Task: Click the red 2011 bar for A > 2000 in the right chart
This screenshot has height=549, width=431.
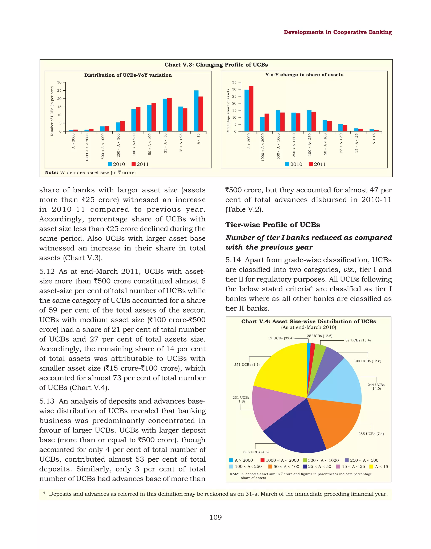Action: click(251, 109)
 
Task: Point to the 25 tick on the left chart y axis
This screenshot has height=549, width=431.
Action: click(59, 90)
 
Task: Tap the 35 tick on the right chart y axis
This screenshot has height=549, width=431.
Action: click(234, 82)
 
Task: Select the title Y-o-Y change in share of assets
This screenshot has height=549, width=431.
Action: click(304, 75)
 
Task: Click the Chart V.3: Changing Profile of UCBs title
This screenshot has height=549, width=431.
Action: click(216, 65)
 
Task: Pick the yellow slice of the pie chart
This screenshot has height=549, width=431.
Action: click(283, 369)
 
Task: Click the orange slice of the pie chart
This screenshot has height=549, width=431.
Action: click(336, 422)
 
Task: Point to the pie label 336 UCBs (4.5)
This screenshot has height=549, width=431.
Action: click(256, 452)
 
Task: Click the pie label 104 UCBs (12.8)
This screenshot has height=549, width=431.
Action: click(367, 361)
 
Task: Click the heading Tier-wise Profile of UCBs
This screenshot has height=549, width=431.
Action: click(273, 225)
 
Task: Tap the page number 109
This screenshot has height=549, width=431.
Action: click(215, 517)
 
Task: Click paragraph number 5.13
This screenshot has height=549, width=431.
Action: click(47, 401)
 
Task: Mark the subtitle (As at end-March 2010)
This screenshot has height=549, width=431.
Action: click(308, 327)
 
